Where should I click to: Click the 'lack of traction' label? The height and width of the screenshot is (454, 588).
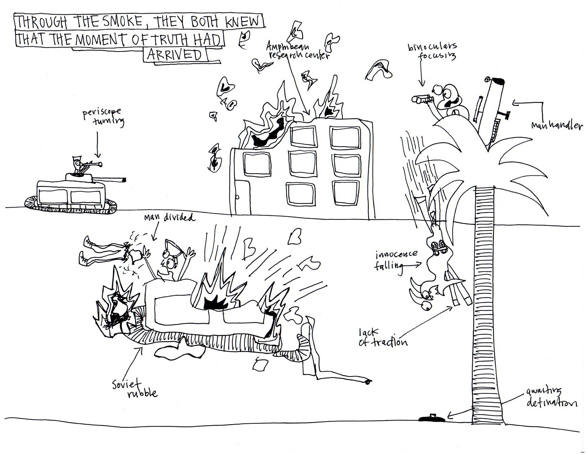382,338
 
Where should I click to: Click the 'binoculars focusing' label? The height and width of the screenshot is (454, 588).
432,52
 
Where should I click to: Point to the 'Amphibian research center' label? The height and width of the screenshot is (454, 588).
298,51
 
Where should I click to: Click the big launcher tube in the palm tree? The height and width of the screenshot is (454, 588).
492,107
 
